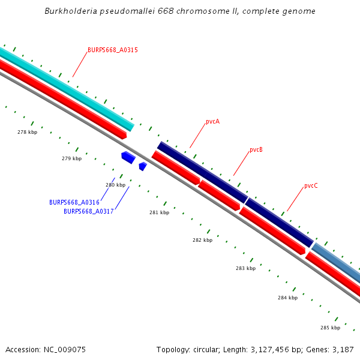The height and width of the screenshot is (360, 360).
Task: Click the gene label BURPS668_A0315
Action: point(113,50)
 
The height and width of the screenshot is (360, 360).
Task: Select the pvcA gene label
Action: point(212,122)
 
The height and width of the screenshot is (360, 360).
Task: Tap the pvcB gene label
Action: point(256,150)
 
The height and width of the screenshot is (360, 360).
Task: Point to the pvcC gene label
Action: point(311,186)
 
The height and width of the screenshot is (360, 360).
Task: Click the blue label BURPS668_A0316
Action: point(74,203)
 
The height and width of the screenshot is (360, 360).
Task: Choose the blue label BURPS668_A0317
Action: point(89,212)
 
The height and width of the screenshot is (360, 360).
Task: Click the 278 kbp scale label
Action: point(27,132)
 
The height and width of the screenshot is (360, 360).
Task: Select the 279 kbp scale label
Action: point(71,159)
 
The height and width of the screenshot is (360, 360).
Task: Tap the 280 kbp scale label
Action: point(116,185)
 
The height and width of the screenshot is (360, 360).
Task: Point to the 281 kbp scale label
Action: point(159,212)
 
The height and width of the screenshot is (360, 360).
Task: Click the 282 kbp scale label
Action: point(202,240)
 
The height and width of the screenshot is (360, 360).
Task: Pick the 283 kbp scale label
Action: point(245,269)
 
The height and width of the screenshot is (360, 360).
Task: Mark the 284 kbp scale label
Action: point(287,298)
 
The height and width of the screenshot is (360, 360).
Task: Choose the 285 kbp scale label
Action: point(330,328)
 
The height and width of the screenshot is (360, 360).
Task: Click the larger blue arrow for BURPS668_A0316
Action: point(128,158)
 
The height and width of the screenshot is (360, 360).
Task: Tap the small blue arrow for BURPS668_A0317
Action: point(143,166)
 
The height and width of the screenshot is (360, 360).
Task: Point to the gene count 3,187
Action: point(342,349)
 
